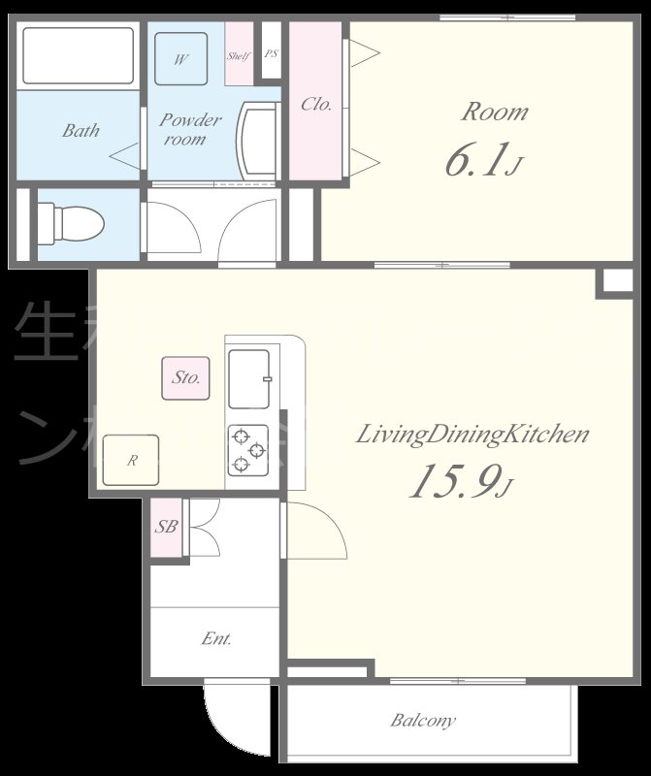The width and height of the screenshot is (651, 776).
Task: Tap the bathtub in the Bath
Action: (x=78, y=56)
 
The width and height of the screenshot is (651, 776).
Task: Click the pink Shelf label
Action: (x=239, y=56)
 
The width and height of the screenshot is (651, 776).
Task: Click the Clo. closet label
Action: (x=316, y=104)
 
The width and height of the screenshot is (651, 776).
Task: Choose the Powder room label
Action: (x=190, y=129)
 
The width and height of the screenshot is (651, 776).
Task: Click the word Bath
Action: (x=81, y=130)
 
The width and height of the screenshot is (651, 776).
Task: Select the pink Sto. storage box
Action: (x=185, y=377)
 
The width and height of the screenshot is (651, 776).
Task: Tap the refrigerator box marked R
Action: (x=131, y=461)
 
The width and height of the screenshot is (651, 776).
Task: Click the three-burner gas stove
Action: (x=247, y=449)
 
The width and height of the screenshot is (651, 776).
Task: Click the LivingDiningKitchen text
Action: (x=472, y=434)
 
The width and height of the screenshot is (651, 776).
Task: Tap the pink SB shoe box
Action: (x=166, y=528)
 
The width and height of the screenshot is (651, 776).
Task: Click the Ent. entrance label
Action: (x=215, y=638)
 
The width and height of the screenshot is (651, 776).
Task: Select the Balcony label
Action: (x=423, y=721)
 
